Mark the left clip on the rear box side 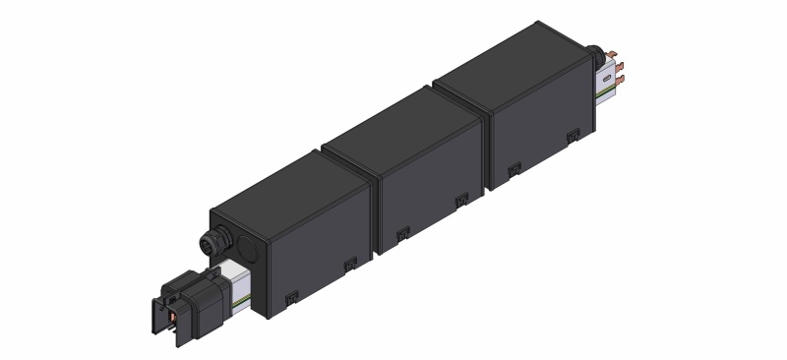513,169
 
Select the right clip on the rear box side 571,135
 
